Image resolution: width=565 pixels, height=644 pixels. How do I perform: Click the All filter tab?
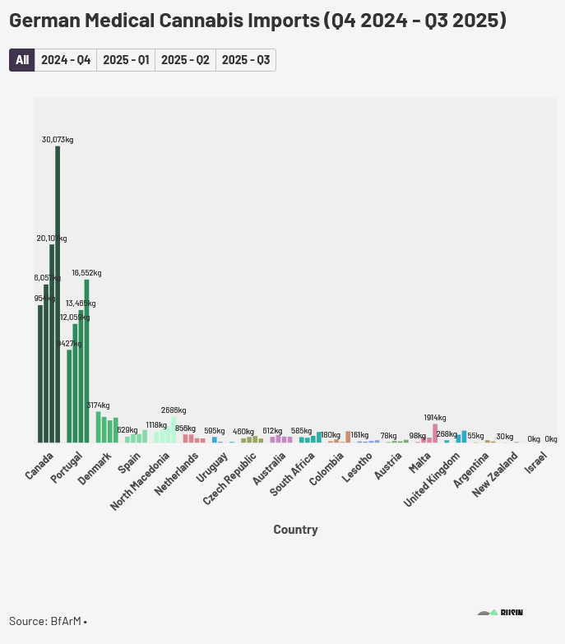click(22, 60)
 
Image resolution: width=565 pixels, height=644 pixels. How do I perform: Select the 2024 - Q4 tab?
click(66, 60)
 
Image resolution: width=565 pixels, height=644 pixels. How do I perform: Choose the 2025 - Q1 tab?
click(126, 60)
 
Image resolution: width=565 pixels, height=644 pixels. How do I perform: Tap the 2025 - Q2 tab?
click(185, 60)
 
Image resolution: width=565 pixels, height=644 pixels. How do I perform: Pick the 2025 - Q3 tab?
click(246, 60)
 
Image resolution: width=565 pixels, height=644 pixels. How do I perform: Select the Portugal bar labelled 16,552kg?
click(86, 361)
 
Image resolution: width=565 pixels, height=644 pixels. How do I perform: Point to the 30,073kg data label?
click(58, 140)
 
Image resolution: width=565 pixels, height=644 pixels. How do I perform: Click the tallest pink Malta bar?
click(435, 433)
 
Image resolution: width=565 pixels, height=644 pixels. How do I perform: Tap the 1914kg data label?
click(435, 418)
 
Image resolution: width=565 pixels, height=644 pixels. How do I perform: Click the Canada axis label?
click(40, 464)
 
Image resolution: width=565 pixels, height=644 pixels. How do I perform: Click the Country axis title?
click(295, 530)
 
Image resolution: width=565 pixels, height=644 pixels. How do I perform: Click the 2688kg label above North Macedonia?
click(174, 410)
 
